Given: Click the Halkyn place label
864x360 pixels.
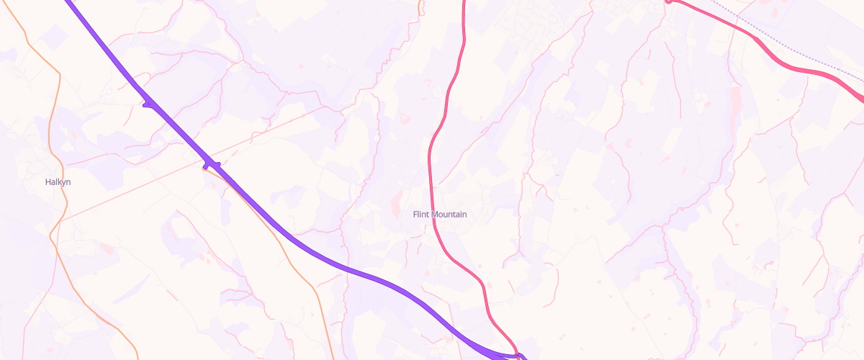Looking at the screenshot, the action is (x=58, y=182).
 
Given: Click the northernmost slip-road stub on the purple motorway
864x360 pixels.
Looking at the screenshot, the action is (x=148, y=105).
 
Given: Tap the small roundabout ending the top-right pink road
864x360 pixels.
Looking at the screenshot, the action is (x=668, y=1).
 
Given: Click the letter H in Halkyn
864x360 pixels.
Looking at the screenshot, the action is (x=48, y=182).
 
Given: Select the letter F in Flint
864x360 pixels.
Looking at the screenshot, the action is (x=415, y=215).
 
